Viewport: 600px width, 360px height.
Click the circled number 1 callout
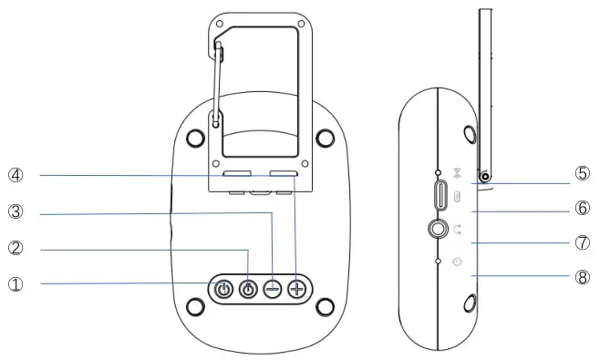[x=16, y=284]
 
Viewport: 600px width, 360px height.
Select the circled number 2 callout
[x=16, y=248]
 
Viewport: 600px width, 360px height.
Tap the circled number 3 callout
[x=16, y=211]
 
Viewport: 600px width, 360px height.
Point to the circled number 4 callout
[x=16, y=176]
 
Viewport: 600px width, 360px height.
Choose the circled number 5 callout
[x=582, y=173]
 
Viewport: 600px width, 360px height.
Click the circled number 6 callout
[x=582, y=208]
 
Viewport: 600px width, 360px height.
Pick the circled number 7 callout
[x=582, y=242]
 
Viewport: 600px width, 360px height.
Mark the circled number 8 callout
[x=582, y=277]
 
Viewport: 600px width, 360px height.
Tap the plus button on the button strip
[x=296, y=289]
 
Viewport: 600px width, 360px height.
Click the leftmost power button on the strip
[x=223, y=289]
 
